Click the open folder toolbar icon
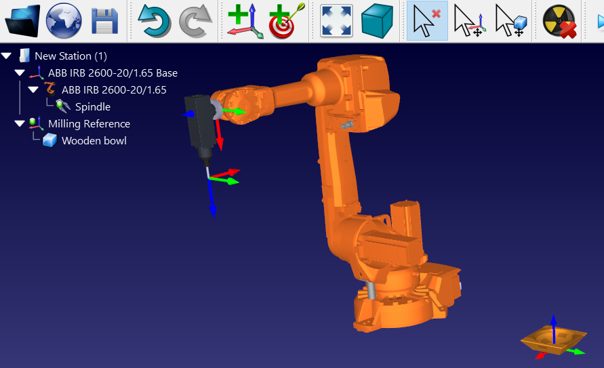point(23,21)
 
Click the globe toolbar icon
point(64,21)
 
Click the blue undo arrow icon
point(154,21)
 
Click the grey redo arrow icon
point(195,21)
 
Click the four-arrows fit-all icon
point(336,21)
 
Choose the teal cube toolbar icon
point(378,21)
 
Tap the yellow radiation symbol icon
point(559,21)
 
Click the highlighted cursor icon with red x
point(427,21)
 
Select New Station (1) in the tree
point(71,56)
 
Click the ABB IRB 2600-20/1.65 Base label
point(113,73)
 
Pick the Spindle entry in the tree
point(92,107)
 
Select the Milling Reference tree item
point(89,124)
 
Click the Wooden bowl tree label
point(94,141)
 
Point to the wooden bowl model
point(552,339)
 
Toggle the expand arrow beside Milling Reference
point(19,124)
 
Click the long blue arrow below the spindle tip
point(212,200)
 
